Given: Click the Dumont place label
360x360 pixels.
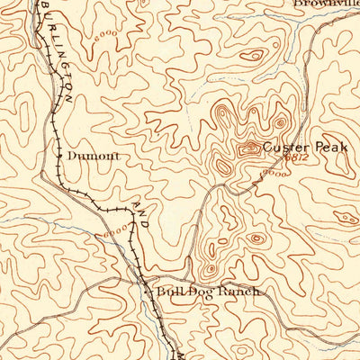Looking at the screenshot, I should (x=93, y=155).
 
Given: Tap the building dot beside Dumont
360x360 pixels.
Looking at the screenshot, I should (x=59, y=155).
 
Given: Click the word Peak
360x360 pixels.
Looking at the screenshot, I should (x=329, y=148).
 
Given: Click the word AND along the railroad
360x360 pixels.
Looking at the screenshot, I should (x=142, y=213).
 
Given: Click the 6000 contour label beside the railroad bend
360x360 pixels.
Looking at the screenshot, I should (x=115, y=233).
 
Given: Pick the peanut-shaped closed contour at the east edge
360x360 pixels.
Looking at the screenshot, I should (x=346, y=217).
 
